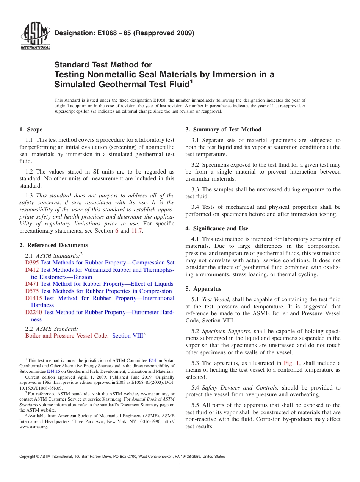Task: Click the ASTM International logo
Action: [35, 36]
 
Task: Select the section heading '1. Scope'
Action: [31, 130]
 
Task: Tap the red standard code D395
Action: [32, 263]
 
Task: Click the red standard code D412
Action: [32, 270]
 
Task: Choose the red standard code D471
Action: [32, 284]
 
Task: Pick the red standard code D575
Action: [32, 291]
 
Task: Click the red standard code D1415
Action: [33, 298]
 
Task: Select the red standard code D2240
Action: [33, 312]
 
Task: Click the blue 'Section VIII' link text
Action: [127, 336]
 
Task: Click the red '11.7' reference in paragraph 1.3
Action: [137, 231]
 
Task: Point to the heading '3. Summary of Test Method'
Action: [223, 130]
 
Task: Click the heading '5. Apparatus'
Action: [203, 289]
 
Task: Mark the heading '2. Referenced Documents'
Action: [54, 245]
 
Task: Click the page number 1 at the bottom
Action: [180, 466]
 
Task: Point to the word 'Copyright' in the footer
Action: [27, 457]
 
